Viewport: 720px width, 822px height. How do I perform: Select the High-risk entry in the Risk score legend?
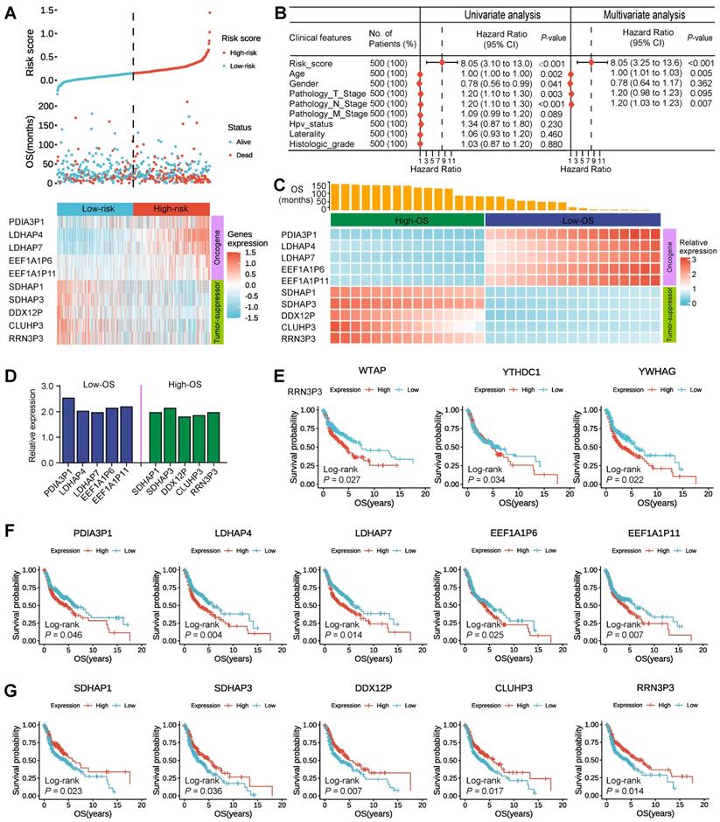[x=248, y=52]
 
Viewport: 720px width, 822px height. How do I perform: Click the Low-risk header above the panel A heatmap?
[x=94, y=208]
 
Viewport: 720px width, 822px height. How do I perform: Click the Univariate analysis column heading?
[x=494, y=15]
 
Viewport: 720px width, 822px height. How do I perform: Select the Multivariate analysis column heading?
[x=646, y=15]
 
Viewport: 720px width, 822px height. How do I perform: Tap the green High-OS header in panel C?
[x=407, y=220]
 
